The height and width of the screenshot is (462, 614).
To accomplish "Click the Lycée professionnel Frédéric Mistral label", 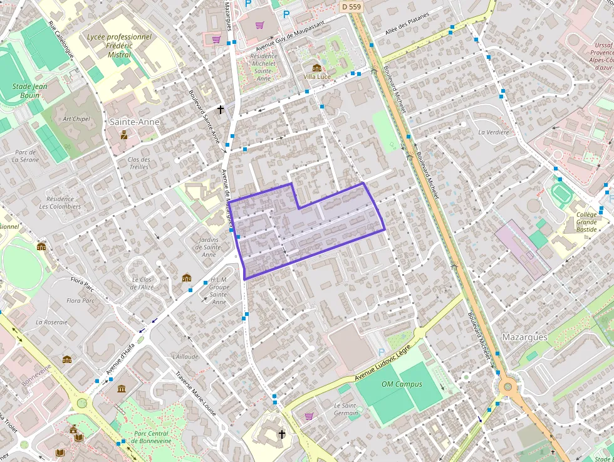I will tap(119, 46).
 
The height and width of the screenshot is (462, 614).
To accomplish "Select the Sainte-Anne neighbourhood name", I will tap(135, 122).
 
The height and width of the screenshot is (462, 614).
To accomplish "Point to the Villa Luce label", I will tap(317, 76).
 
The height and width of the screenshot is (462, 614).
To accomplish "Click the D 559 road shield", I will tap(351, 6).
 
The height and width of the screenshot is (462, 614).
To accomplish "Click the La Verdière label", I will tap(494, 132).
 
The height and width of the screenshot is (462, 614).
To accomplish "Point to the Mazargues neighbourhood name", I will tap(524, 337).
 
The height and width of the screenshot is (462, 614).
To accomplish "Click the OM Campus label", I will tap(402, 384).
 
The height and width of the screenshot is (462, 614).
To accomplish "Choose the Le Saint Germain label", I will tap(346, 409).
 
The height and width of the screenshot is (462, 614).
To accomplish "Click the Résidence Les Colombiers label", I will tap(60, 202).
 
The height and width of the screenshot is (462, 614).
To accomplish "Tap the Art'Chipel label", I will tap(76, 119).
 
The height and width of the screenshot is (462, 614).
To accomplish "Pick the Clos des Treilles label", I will tap(138, 163).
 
